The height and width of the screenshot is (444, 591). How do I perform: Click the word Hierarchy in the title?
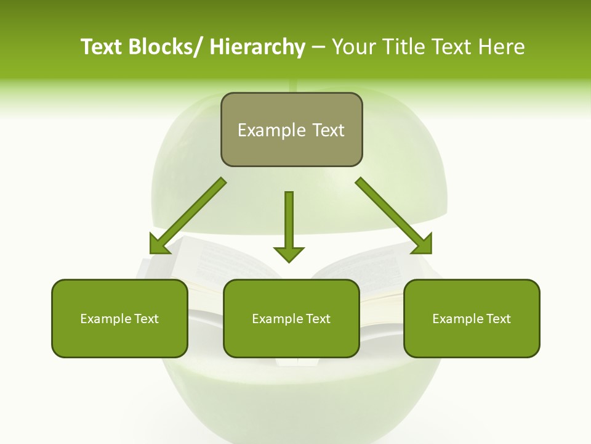click(x=257, y=47)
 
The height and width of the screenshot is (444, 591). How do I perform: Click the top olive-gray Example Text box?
click(x=291, y=129)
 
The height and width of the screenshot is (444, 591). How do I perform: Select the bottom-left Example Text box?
click(x=119, y=318)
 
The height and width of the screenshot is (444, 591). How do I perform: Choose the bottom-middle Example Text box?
click(x=291, y=318)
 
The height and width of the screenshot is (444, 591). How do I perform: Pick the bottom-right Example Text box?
click(x=472, y=318)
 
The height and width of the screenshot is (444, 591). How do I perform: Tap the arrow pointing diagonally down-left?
click(x=188, y=215)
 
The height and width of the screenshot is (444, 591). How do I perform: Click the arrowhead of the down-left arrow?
click(x=159, y=245)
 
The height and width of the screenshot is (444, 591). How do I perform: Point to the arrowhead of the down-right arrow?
click(x=422, y=244)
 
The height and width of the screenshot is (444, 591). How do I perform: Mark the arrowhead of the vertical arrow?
click(x=289, y=253)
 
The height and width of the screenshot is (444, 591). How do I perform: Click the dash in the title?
click(x=318, y=47)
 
